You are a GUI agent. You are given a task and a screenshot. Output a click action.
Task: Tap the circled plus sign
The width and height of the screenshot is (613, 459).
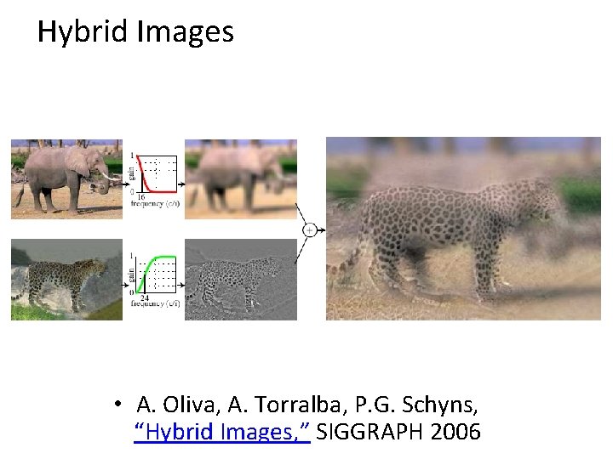click(309, 229)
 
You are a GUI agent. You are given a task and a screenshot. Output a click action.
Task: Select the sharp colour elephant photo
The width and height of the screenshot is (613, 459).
click(66, 178)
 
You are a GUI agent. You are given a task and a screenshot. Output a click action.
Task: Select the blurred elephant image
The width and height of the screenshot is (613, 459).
click(240, 178)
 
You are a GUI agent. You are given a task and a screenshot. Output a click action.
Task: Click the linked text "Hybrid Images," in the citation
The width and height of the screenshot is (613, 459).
click(223, 432)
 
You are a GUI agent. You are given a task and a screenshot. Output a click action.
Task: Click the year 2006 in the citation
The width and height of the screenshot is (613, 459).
click(456, 432)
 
